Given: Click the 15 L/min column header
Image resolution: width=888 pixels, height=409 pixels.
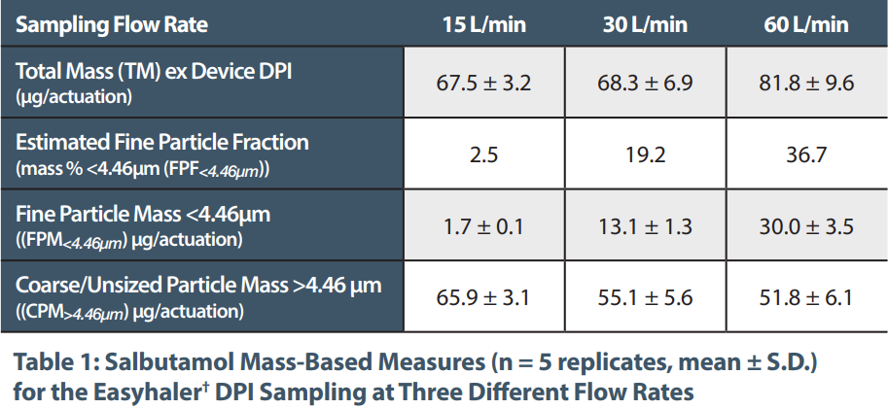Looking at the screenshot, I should [483, 24].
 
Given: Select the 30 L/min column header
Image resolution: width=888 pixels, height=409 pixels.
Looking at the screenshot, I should [645, 24].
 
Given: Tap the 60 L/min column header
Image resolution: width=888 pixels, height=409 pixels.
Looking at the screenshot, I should [806, 24].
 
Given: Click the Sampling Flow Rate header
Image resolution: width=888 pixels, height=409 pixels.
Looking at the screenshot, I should [112, 24].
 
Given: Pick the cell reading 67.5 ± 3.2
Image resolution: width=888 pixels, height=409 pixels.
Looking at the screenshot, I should [483, 83].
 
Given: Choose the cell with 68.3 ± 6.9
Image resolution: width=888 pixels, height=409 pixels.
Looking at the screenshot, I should [645, 83].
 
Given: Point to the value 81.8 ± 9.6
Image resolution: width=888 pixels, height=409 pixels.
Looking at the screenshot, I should [806, 83].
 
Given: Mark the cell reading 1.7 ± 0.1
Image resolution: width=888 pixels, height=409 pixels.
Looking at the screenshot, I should [483, 226].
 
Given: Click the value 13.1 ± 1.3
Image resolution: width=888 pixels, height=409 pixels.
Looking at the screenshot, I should [645, 226].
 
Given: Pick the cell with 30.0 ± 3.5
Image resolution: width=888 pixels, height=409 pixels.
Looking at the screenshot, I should [806, 226].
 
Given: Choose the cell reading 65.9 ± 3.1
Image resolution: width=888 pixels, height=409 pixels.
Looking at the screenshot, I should [483, 297].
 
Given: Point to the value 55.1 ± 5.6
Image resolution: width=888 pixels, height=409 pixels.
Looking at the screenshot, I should [645, 297].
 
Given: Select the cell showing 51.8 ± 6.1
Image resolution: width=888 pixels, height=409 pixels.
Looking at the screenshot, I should [806, 297].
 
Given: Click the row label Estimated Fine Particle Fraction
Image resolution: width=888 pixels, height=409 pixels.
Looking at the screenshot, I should [162, 143].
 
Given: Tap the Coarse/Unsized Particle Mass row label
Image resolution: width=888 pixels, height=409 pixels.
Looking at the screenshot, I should [198, 286].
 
